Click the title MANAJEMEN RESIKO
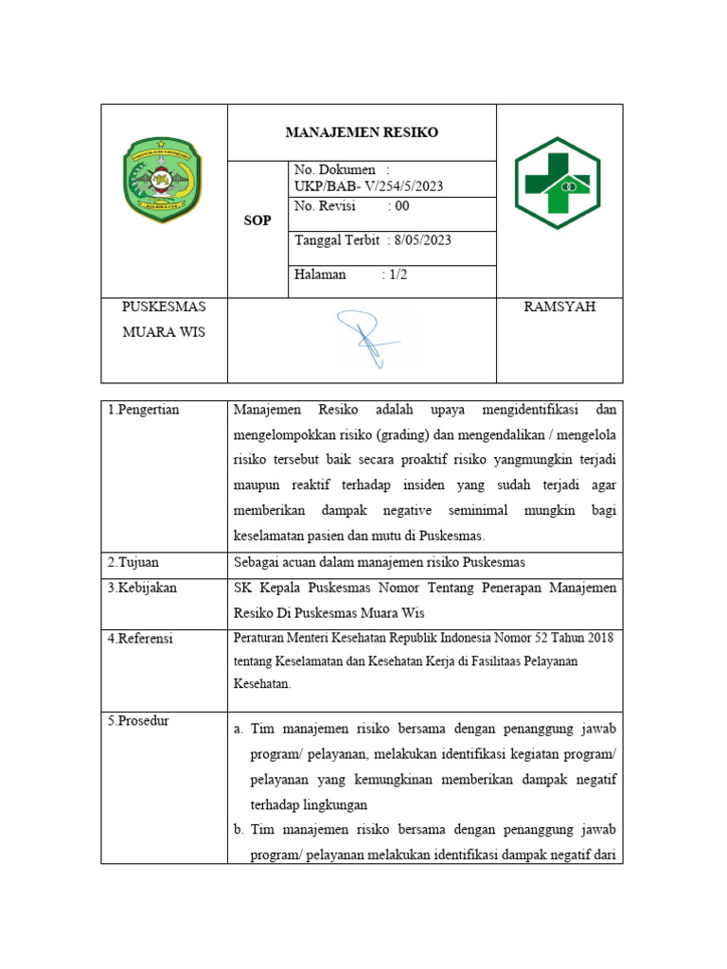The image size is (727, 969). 362,132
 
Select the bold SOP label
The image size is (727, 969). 257,220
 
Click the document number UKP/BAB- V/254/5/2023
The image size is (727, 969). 368,186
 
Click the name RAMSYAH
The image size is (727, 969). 559,307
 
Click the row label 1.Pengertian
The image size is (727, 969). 144,410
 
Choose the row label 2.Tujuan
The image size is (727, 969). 134,562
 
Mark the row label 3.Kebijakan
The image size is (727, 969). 143,588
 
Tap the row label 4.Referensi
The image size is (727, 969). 142,639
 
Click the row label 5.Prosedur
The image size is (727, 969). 139,721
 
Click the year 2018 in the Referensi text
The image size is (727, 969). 595,638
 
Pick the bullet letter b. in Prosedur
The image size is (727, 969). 239,830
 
